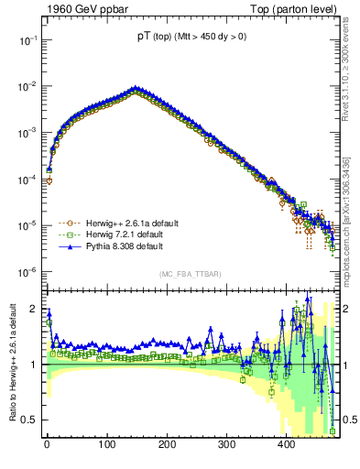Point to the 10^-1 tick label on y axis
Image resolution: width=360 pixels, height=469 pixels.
26,40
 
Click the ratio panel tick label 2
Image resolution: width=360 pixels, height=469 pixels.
33,309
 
